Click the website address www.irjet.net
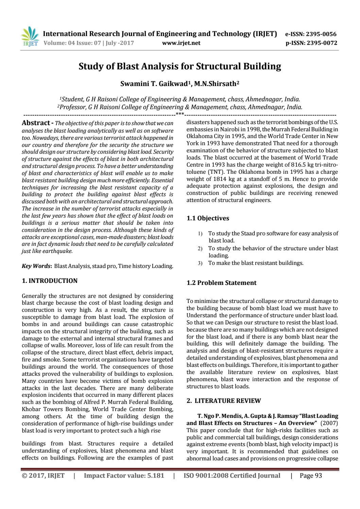click(181, 43)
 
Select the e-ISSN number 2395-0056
click(321, 34)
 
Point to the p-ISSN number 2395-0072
click(322, 43)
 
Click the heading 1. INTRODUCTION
click(50, 281)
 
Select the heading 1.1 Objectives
click(208, 218)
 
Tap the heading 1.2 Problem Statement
click(222, 283)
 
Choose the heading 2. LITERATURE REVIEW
click(224, 401)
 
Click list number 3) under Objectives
click(200, 263)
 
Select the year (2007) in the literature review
click(329, 423)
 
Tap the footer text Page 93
click(311, 475)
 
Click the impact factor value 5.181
click(153, 475)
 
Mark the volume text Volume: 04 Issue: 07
click(73, 43)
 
